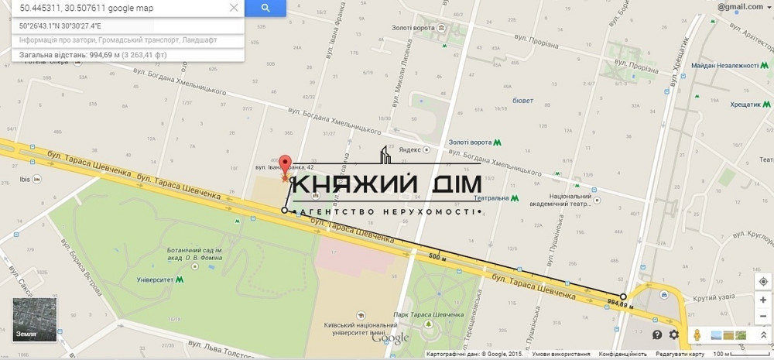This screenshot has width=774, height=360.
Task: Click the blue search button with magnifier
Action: coord(265,8)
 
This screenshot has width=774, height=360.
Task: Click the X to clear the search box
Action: coord(234,8)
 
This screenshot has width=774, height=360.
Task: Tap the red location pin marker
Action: coord(285,166)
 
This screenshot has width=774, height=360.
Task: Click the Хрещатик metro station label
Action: coord(730,103)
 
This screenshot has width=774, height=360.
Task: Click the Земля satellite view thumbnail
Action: coord(29,318)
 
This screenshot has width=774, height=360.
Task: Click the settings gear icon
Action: coord(674,334)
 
